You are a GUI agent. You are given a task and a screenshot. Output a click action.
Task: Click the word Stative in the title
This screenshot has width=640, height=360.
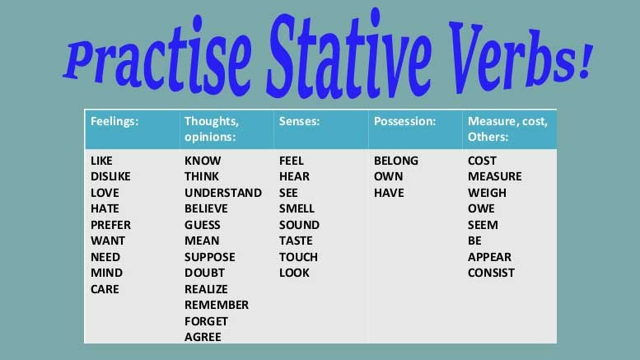coord(349,55)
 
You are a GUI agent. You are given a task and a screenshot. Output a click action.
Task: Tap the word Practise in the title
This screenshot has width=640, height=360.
coord(157,56)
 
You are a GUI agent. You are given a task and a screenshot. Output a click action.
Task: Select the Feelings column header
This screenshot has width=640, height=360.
coord(114,121)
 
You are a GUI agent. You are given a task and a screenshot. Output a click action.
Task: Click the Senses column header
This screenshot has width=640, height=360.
coord(299,121)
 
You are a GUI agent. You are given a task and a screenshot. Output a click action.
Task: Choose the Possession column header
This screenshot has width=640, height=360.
coord(405,121)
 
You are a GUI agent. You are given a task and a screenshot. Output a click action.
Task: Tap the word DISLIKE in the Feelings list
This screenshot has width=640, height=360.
coord(110,176)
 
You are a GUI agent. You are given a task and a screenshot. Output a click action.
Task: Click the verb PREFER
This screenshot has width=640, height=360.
coord(110,225)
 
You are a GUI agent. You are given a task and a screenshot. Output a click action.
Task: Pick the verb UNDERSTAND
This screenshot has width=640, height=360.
coord(223,193)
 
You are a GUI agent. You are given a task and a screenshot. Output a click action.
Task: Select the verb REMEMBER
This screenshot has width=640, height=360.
coord(217,305)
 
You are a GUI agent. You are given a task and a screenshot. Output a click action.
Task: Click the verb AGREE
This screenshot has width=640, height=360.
coord(203,337)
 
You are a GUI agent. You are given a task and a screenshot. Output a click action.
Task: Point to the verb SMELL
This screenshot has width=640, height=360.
coord(297,208)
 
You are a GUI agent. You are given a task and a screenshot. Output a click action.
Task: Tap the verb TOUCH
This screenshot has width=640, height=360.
coord(298,257)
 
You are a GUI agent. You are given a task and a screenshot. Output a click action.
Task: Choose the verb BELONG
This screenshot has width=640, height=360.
coord(396,161)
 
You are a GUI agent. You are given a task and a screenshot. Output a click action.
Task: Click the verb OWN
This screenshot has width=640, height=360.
coord(389,176)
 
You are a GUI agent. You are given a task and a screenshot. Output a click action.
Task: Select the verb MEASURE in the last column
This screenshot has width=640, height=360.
coord(495,176)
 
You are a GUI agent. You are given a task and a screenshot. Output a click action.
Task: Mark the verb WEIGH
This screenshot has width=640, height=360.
coord(487,193)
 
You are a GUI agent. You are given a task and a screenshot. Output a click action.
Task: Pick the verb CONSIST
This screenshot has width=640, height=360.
coord(491,273)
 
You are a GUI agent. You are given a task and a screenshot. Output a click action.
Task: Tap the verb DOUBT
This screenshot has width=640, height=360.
coord(204,273)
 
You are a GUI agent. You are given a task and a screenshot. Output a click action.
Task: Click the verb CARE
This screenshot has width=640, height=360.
coord(105,289)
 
